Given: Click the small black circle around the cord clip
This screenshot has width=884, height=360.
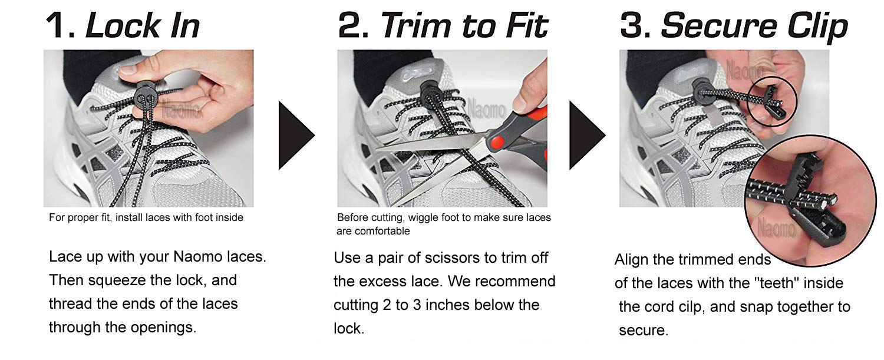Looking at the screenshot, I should coord(772,104).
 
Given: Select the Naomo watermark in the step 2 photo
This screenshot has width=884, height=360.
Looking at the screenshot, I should coord(487,109).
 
